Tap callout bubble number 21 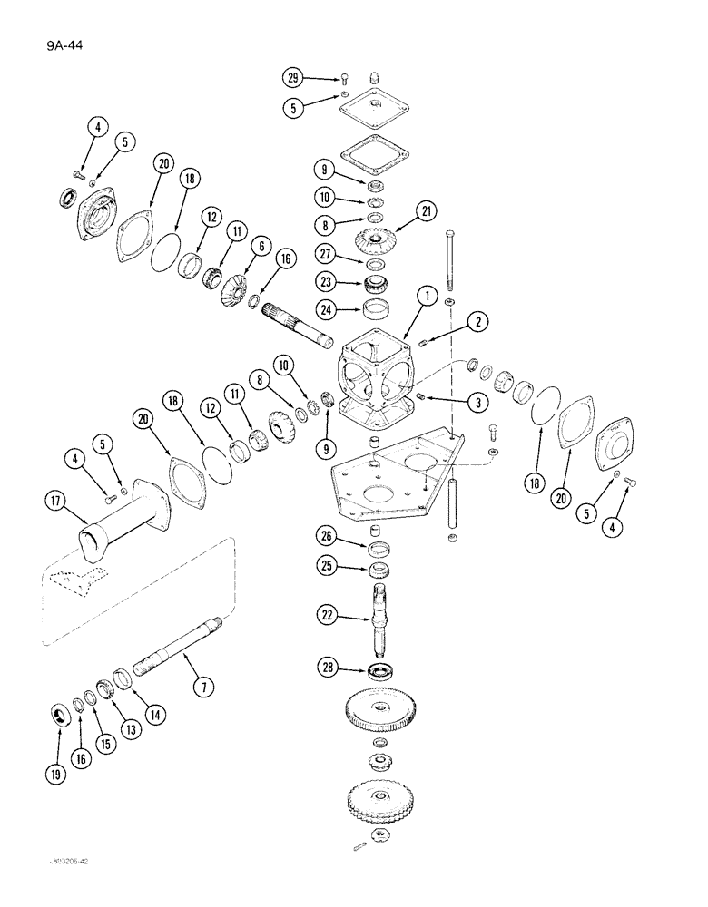[x=426, y=212]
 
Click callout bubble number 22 [x=327, y=615]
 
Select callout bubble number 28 [x=327, y=668]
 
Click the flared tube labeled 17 [x=118, y=519]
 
